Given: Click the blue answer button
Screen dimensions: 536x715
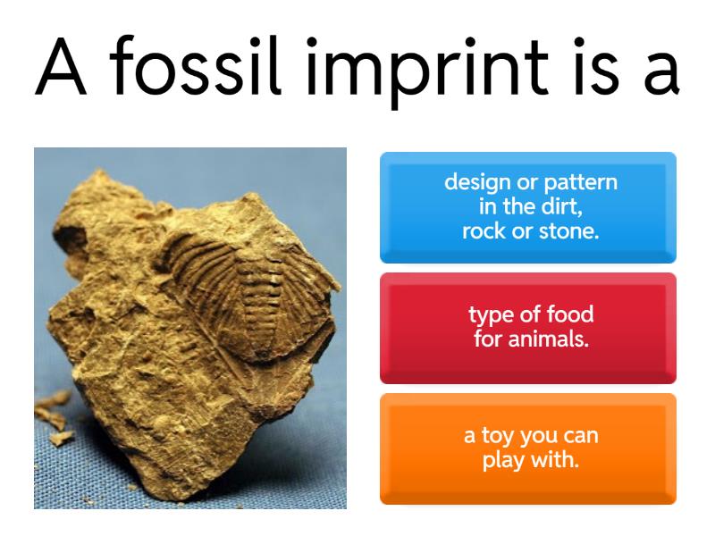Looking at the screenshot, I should tap(527, 207).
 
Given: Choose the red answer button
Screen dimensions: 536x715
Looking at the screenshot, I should tap(527, 327).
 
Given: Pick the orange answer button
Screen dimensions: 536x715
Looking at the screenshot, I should tap(527, 448).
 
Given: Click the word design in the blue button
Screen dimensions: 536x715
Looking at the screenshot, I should tap(478, 183).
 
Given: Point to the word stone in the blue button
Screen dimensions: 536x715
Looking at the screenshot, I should tap(569, 230).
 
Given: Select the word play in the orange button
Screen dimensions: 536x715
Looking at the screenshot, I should tap(504, 462).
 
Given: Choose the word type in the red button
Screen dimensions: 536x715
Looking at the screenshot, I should tap(490, 315).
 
